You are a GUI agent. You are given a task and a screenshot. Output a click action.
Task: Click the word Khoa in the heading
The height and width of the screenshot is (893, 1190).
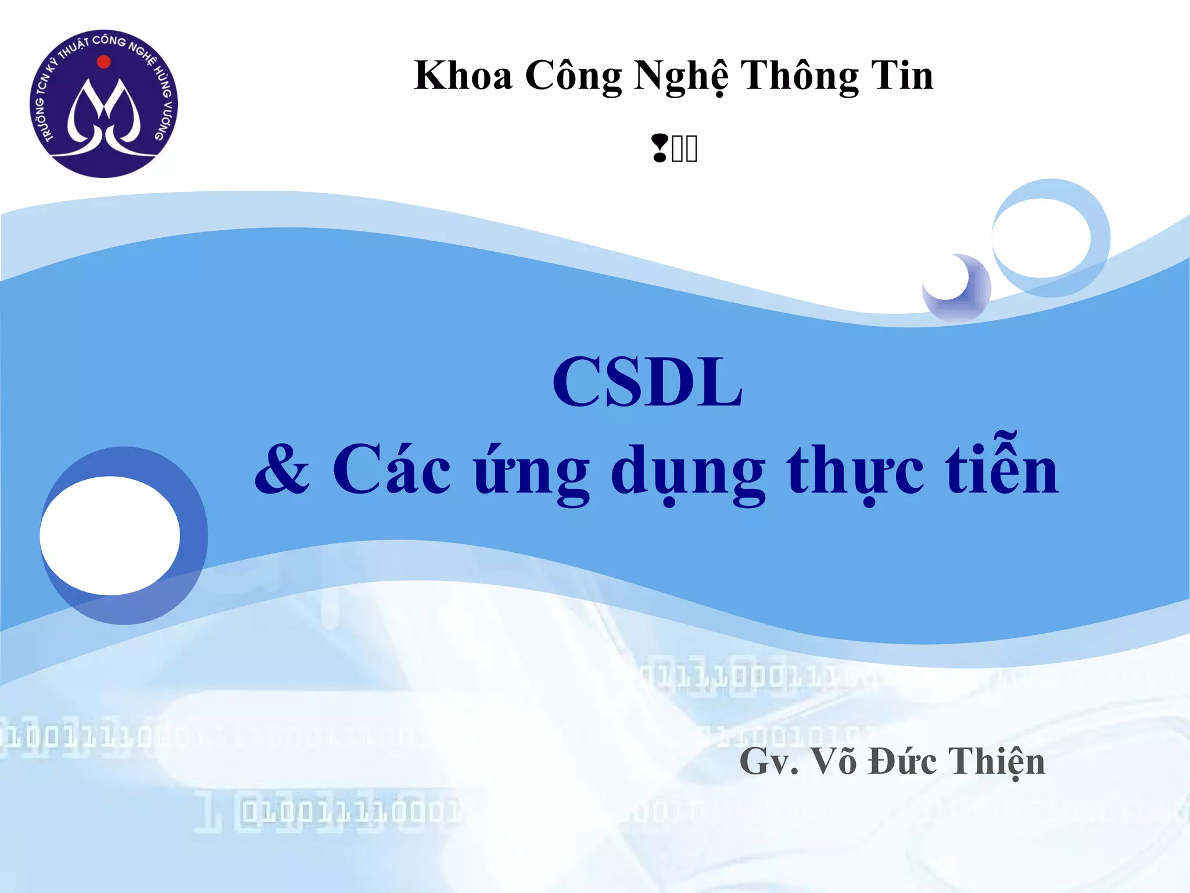click(x=463, y=76)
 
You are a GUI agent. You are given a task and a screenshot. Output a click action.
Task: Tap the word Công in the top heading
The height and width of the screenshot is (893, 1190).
click(x=573, y=76)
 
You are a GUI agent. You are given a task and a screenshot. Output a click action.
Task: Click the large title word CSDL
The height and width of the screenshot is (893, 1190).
click(x=647, y=382)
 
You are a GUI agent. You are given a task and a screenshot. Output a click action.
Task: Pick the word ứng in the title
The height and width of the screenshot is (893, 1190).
click(x=531, y=471)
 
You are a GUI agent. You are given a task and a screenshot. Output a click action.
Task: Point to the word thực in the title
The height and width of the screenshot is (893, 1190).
click(x=855, y=471)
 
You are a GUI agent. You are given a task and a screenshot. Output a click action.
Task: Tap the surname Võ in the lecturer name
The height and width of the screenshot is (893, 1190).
click(x=833, y=761)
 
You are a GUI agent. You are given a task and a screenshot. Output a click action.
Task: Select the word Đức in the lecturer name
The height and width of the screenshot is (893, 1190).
click(x=902, y=761)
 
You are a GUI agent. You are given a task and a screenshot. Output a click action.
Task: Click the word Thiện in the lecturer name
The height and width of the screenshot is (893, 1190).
click(x=997, y=762)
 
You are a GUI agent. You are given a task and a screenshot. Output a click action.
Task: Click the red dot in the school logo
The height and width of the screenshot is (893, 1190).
click(x=104, y=62)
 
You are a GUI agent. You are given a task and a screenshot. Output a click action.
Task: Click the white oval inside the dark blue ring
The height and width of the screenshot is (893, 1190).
click(x=110, y=535)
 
